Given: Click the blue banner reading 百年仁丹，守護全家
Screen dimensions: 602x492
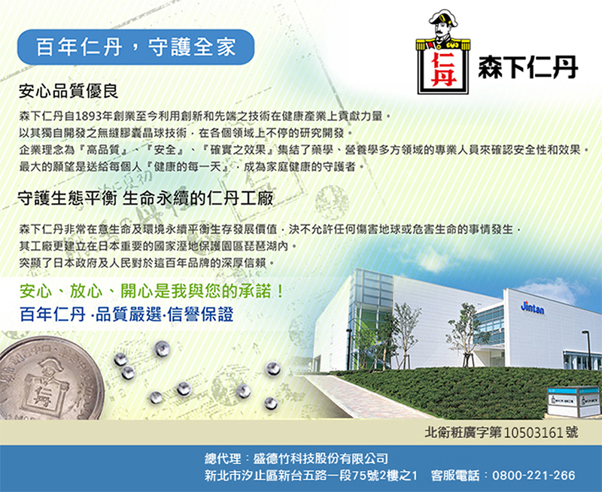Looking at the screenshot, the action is click(x=135, y=47).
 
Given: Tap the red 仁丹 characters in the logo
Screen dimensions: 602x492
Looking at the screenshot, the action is click(x=443, y=70).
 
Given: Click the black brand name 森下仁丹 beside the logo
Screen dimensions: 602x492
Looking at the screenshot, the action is click(x=528, y=67).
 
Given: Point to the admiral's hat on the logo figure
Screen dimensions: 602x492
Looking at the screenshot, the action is click(x=443, y=18).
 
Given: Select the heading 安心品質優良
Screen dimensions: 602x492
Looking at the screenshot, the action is click(x=68, y=92).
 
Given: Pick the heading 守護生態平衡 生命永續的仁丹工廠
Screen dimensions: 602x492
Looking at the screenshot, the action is click(x=145, y=199).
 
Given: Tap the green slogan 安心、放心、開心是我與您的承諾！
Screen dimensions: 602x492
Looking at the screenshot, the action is click(x=152, y=291).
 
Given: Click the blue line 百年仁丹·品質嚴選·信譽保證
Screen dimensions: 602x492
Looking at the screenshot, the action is click(x=126, y=314).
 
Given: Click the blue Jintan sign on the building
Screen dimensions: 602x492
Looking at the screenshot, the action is click(x=532, y=308).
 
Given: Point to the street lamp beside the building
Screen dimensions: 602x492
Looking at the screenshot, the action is click(x=588, y=350).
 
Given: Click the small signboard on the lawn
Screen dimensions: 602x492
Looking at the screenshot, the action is click(x=573, y=402).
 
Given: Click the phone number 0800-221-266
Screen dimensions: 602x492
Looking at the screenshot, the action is click(x=534, y=475).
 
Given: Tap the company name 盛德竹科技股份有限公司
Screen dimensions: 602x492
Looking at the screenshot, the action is click(x=321, y=459).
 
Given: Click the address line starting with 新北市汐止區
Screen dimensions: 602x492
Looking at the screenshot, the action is click(x=311, y=475).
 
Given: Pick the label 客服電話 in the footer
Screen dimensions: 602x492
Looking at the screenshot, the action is click(x=455, y=475).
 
